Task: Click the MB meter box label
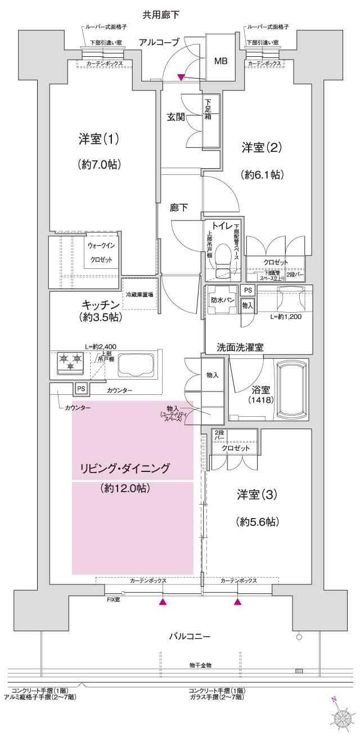(x=220, y=61)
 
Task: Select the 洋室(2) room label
(x=262, y=148)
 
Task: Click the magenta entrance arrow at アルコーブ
(x=181, y=76)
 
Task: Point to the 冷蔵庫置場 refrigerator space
(x=139, y=294)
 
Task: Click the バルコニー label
(x=191, y=637)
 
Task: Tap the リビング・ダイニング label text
(x=125, y=467)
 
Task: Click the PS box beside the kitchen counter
(x=80, y=389)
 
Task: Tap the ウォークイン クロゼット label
(x=101, y=253)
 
